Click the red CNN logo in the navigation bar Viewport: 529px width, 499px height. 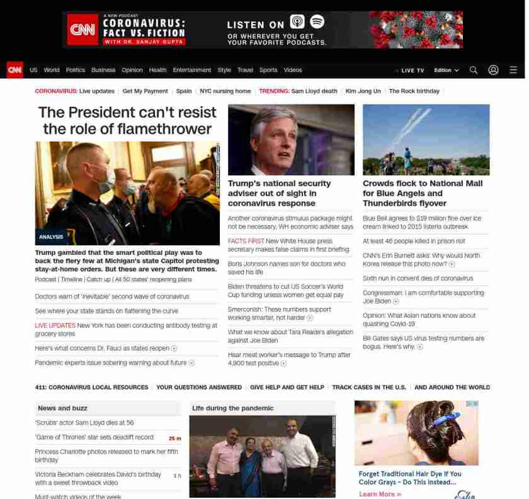coord(14,70)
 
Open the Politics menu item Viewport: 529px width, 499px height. coord(75,70)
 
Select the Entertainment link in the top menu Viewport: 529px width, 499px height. coord(192,70)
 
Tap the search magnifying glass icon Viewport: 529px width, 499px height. coord(474,70)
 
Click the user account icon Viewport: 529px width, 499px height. coord(493,70)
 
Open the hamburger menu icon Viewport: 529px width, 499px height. coord(513,70)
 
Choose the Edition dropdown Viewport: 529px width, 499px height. coord(446,70)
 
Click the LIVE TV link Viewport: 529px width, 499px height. coord(411,70)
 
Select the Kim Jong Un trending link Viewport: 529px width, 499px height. coord(363,91)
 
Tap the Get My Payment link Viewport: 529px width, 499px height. coord(145,91)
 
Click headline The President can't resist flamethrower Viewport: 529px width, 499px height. coord(127,120)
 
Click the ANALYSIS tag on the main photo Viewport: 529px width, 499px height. coord(51,237)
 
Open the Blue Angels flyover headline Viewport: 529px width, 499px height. coord(423,193)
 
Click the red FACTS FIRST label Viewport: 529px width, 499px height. coord(246,241)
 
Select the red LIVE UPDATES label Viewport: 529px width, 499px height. coord(55,326)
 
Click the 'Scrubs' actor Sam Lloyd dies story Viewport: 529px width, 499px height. coord(84,423)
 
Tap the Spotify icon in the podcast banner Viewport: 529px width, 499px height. coord(317,22)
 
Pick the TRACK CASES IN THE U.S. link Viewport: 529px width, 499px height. coord(369,387)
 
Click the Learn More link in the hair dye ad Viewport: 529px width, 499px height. coord(380,494)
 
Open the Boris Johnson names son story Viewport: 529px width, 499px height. coord(287,267)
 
